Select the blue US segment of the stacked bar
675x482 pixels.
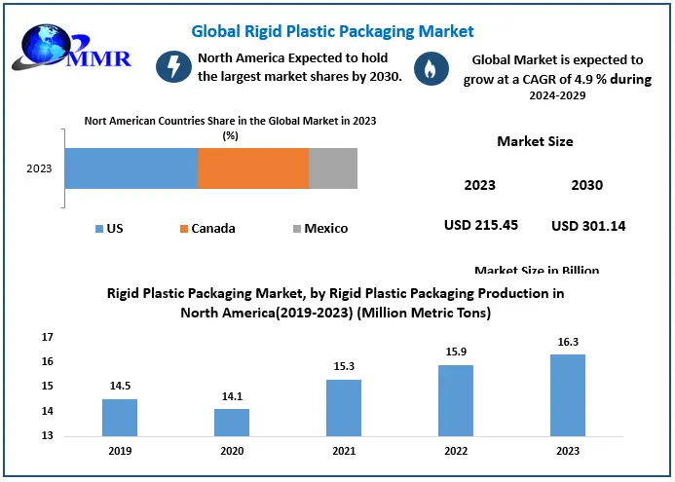tap(131, 168)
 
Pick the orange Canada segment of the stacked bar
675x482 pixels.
tap(253, 168)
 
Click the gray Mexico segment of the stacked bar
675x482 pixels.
tap(333, 168)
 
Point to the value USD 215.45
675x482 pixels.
tap(480, 225)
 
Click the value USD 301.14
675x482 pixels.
tap(588, 226)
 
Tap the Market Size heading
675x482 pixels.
tap(535, 141)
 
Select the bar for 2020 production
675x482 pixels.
tap(232, 423)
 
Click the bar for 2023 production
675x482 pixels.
tap(568, 395)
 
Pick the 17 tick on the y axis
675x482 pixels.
tap(48, 337)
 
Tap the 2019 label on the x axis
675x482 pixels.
tap(120, 452)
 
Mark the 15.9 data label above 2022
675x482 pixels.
tap(456, 352)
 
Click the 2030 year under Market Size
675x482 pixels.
tap(587, 185)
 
